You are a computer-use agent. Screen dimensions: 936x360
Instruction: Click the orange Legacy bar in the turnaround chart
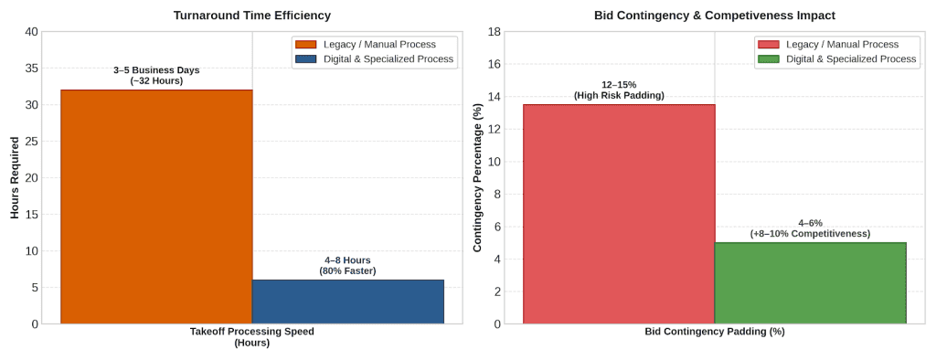point(156,206)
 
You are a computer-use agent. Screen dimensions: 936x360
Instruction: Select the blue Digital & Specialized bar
point(348,302)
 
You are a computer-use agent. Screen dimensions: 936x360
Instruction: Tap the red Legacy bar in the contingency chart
point(619,214)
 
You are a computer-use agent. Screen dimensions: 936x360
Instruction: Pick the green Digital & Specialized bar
point(811,283)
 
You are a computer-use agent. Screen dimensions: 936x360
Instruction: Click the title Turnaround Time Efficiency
point(252,16)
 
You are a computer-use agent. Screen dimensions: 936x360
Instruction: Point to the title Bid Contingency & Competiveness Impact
point(715,16)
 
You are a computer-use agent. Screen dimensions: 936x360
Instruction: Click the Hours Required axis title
point(16,177)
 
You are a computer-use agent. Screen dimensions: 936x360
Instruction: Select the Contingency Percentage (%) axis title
point(478,177)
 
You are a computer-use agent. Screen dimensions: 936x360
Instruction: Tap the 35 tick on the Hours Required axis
point(30,68)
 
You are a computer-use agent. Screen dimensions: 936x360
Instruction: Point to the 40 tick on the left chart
point(30,32)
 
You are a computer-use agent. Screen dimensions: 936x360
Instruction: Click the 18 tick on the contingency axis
point(494,32)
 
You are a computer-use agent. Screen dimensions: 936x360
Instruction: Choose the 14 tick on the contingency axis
point(494,97)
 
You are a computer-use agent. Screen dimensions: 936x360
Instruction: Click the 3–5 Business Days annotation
point(156,75)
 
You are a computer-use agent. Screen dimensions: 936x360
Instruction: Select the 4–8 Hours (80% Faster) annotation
point(348,266)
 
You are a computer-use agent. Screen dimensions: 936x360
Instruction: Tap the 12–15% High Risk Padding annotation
point(619,90)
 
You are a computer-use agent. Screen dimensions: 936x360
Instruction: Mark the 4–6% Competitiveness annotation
point(811,228)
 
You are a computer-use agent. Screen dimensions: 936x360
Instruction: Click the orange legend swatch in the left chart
point(304,45)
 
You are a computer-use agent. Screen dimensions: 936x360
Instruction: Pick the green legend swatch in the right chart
point(767,59)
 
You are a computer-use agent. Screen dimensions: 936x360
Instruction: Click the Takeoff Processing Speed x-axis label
point(252,337)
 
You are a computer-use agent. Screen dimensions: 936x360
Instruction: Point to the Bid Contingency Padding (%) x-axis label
point(715,332)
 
